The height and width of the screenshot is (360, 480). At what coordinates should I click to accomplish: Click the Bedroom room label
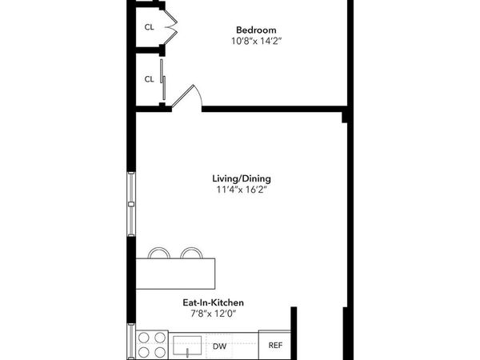256,30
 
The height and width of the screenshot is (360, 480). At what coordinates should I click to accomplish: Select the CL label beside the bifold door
149,27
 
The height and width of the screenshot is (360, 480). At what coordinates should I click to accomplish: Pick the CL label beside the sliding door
149,79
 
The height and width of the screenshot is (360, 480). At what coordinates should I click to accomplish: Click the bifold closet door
170,26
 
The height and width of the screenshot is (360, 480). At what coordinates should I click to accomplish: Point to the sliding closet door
162,79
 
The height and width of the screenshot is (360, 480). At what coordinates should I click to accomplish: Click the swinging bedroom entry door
192,97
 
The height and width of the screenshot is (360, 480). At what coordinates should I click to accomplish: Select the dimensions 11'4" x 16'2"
241,190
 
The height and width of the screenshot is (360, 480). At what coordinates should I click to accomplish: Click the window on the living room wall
131,203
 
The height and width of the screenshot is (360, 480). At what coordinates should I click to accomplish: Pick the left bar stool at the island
159,254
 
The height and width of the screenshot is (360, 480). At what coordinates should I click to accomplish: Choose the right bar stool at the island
190,254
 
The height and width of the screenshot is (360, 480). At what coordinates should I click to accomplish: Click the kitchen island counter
177,273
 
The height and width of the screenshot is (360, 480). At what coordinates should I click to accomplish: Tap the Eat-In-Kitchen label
211,303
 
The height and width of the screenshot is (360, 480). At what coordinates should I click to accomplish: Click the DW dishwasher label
219,346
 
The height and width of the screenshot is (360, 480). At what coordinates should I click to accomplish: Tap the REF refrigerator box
275,346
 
